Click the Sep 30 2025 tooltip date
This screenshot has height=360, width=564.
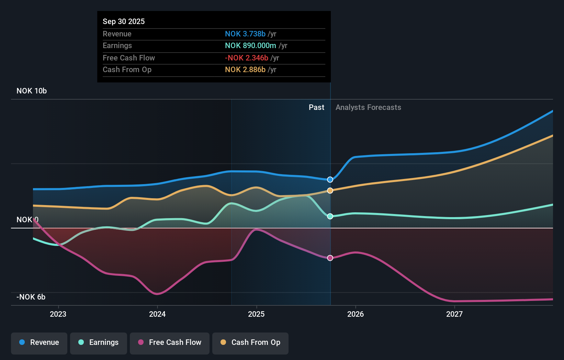[x=124, y=21]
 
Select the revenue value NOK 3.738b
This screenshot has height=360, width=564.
[x=245, y=34]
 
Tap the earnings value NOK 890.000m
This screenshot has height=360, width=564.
[x=250, y=45]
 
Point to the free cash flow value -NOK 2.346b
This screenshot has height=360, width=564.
[x=246, y=58]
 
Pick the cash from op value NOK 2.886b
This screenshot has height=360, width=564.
[x=245, y=69]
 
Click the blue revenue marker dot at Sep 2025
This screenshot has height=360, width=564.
[x=330, y=180]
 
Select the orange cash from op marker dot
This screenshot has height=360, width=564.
[x=330, y=191]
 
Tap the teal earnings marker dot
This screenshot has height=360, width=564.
[x=330, y=216]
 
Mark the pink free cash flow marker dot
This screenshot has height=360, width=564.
[x=330, y=258]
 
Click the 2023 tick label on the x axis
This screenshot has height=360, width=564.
[x=58, y=314]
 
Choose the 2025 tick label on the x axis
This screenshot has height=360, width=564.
[x=256, y=314]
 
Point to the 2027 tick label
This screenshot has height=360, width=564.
[x=454, y=314]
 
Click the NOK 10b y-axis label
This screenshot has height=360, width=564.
[x=32, y=91]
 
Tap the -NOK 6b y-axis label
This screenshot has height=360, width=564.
[x=31, y=297]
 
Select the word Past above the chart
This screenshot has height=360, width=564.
[x=316, y=107]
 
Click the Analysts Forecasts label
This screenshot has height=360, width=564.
[x=368, y=107]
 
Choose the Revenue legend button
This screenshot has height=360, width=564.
[x=39, y=342]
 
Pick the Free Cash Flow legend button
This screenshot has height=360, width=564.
[x=170, y=342]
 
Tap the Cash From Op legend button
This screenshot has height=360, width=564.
[x=250, y=342]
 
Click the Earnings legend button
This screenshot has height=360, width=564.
[x=99, y=342]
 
